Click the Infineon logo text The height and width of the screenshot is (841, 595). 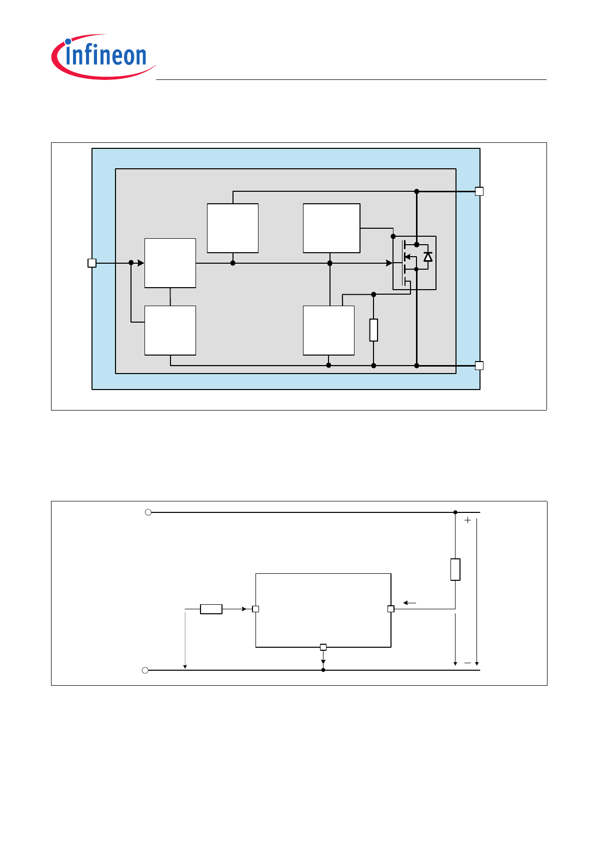[x=105, y=55]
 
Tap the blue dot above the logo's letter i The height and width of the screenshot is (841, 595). [x=68, y=41]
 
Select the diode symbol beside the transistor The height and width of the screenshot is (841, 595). [x=427, y=257]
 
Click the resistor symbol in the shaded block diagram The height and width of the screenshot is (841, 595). [x=373, y=330]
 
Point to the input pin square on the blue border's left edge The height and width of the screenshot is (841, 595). [x=92, y=263]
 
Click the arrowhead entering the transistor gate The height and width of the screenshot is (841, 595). [x=389, y=263]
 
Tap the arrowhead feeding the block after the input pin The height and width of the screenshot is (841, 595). [x=141, y=263]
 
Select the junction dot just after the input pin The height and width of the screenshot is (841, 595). [x=131, y=263]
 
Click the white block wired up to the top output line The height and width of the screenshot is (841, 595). [x=232, y=228]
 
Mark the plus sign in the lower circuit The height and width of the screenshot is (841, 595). [x=467, y=520]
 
